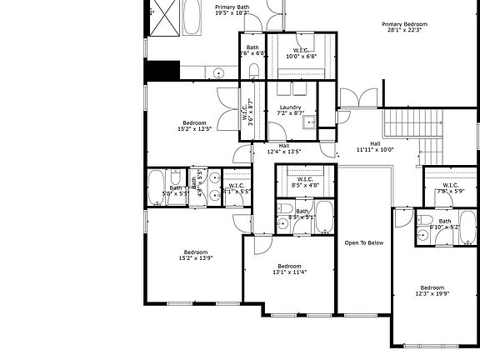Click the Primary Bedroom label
click(x=401, y=27)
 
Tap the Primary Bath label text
click(x=232, y=10)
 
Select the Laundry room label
click(x=290, y=110)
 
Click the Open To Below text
click(x=364, y=242)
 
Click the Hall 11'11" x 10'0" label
click(x=374, y=147)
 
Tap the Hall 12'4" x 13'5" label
click(x=284, y=148)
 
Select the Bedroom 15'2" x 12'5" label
click(x=195, y=126)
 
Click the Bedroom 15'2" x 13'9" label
click(x=196, y=255)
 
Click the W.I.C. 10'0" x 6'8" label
click(x=301, y=52)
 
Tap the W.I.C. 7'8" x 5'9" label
click(x=450, y=188)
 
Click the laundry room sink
click(x=309, y=124)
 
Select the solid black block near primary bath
click(x=162, y=71)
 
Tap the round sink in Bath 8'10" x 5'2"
click(x=423, y=236)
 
